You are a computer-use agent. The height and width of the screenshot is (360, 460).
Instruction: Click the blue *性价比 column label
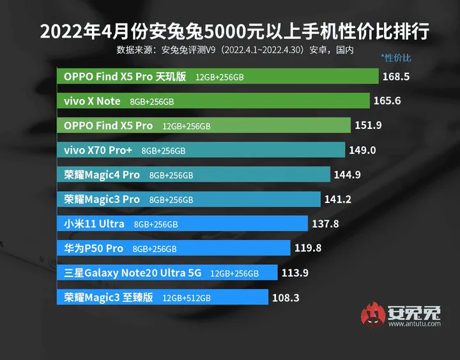coord(396,58)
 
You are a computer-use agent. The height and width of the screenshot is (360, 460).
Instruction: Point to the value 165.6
coord(387,101)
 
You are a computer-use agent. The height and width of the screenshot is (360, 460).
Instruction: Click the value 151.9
coord(368,126)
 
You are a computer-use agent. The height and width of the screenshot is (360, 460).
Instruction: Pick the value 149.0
coord(362,150)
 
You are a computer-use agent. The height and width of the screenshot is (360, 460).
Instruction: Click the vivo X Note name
coord(92,101)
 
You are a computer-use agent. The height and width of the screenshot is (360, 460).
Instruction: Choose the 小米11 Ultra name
coord(94,224)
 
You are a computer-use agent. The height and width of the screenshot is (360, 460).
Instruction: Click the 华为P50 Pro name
coord(93,248)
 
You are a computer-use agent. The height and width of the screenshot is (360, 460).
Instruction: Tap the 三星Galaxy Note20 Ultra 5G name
coord(132,273)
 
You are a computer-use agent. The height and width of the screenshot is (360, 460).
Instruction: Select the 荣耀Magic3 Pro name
coord(102,199)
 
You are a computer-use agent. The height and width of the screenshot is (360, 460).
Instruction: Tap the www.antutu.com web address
coord(414,324)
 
